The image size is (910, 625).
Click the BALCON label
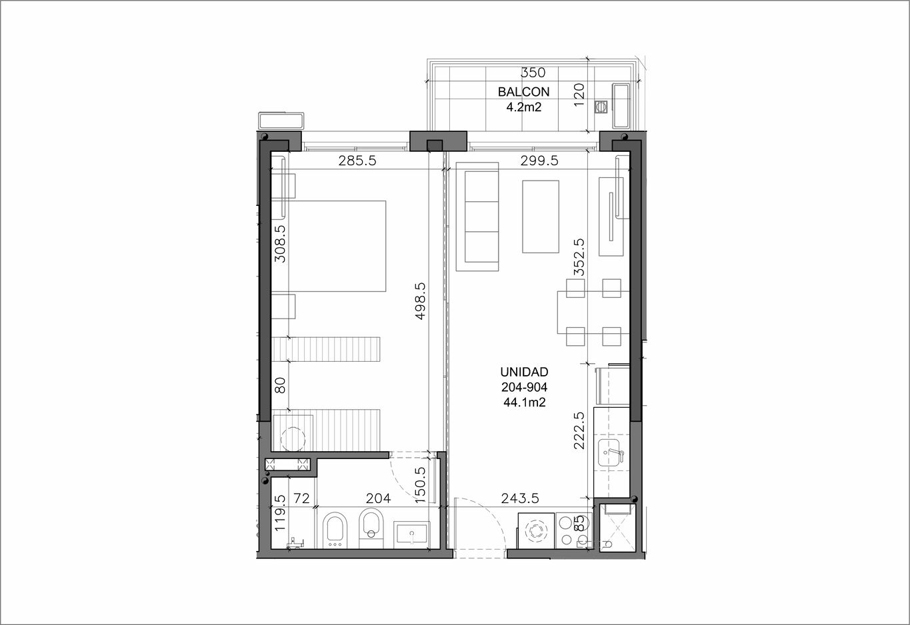pos(523,92)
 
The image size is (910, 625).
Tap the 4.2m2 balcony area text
pos(523,107)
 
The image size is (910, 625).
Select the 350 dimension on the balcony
pos(533,73)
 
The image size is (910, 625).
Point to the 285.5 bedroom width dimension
pos(357,161)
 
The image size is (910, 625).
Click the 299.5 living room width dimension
pos(539,161)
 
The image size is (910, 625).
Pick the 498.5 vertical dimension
pos(420,301)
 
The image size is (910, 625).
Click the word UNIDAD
pos(525,372)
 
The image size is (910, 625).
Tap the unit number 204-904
pos(525,387)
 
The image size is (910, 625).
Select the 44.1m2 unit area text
pos(525,402)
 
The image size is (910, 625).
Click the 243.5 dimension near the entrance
pos(520,498)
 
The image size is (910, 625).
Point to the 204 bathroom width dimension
pos(378,498)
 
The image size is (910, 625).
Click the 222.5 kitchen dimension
pos(579,430)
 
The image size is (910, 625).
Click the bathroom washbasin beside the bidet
pos(412,533)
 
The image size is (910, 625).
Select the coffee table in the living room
pos(541,217)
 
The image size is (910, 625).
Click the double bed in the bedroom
pos(328,246)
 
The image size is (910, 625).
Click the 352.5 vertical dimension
pos(579,257)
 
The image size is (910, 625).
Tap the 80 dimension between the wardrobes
pos(280,385)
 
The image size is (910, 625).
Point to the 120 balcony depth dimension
pos(579,95)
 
